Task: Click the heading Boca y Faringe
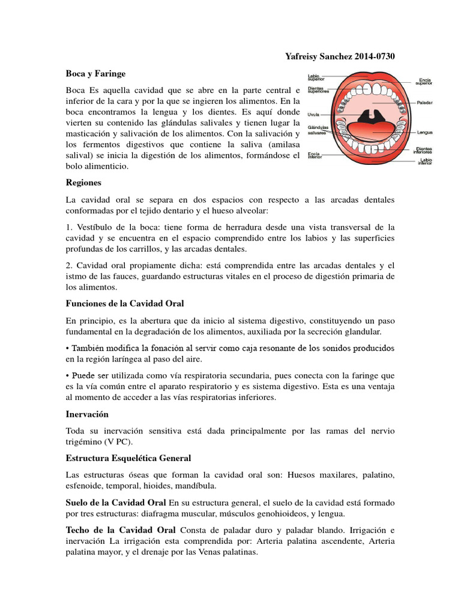pyautogui.click(x=95, y=73)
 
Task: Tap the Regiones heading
pyautogui.click(x=83, y=182)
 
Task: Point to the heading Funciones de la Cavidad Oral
pyautogui.click(x=124, y=303)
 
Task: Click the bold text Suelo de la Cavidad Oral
pyautogui.click(x=116, y=501)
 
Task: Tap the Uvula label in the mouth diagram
pyautogui.click(x=313, y=114)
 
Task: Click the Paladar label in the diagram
pyautogui.click(x=424, y=103)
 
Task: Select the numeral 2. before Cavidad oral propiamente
pyautogui.click(x=69, y=265)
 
